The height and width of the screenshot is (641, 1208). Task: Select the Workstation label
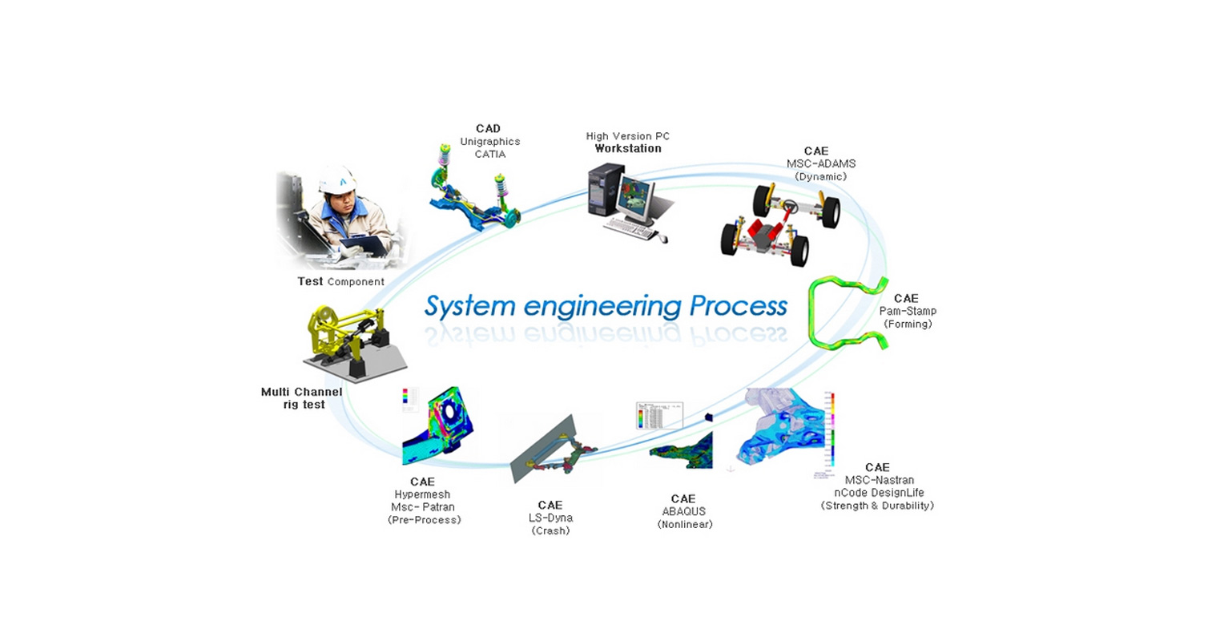627,148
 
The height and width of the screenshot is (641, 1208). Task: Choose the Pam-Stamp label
908,311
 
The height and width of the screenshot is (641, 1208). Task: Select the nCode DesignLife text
877,493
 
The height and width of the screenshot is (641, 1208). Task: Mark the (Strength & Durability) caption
877,506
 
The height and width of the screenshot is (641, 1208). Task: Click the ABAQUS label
684,511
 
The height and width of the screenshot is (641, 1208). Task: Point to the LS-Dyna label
550,518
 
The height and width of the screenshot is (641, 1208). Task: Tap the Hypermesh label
423,494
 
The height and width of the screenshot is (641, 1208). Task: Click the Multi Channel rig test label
301,398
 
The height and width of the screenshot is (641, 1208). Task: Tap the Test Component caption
340,282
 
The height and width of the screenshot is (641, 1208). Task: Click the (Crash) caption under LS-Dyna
550,530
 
